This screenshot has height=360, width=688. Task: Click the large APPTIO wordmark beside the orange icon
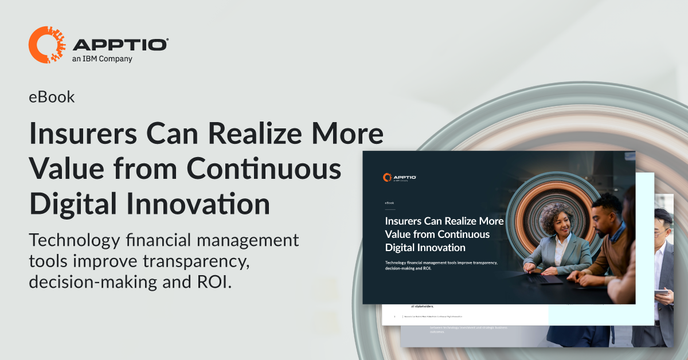(x=120, y=44)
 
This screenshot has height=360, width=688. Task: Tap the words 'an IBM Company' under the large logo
(x=103, y=58)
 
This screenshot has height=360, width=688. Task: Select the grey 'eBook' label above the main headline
(x=52, y=97)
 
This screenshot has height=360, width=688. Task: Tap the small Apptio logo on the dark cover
(x=400, y=178)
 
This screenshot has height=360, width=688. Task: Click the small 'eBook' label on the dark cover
(x=389, y=203)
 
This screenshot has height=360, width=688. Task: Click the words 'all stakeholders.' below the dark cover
(x=422, y=306)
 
